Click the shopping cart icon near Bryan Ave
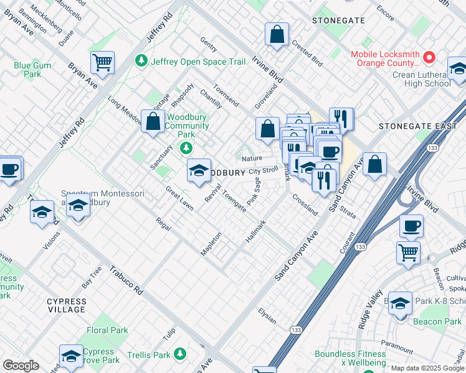coord(102,62)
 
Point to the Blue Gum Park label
coord(32,69)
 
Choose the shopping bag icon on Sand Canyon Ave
coord(374,165)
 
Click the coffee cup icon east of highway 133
coord(411,226)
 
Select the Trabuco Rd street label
coord(126,280)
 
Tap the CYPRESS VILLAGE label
coord(67,305)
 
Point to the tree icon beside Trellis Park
coord(180,354)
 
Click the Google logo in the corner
coord(21,366)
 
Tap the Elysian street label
coord(267,316)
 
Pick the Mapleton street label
coord(211,243)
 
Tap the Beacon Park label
coord(437,321)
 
